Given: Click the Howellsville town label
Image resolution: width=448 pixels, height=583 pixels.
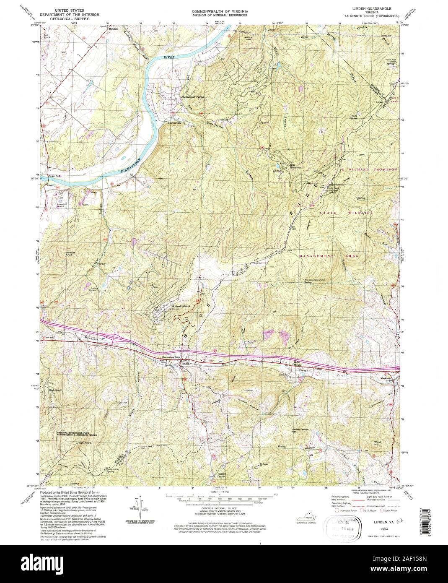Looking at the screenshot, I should tap(176, 123).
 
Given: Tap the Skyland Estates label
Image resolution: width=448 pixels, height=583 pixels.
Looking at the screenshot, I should tap(181, 306).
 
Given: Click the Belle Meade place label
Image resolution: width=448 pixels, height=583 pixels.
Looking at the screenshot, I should tap(298, 363).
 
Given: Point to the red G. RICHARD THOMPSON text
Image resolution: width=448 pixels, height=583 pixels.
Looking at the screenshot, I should tap(369, 169).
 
